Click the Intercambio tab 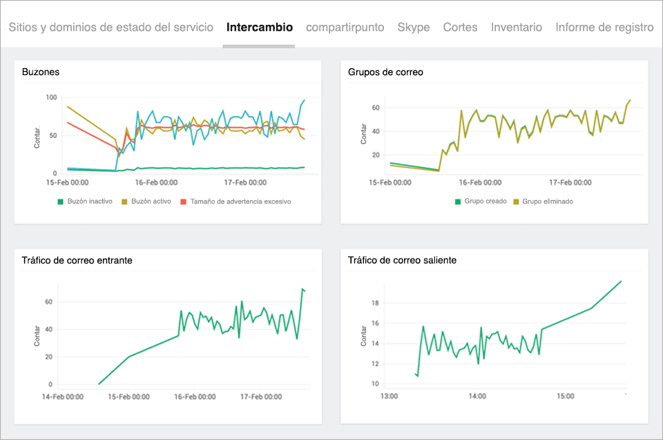pos(259,28)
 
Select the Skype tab pos(413,28)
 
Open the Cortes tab pos(460,28)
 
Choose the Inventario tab pos(516,28)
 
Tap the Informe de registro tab pos(604,28)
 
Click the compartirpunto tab pos(345,28)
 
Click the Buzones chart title pos(40,72)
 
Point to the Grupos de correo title pos(385,72)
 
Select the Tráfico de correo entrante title pos(77,260)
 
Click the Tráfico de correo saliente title pos(402,260)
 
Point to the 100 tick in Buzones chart pos(50,97)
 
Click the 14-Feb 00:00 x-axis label pos(62,397)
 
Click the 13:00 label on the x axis pos(389,397)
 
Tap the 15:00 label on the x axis pos(566,397)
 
